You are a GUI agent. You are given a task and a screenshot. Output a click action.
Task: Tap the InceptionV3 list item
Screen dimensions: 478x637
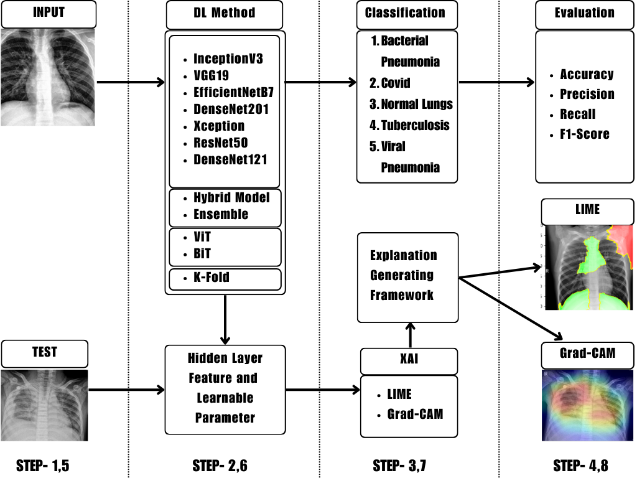coord(228,60)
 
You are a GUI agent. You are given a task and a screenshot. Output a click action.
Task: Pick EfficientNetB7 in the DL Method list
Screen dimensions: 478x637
coord(233,93)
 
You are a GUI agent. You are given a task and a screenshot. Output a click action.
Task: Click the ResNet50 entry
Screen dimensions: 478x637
coord(220,143)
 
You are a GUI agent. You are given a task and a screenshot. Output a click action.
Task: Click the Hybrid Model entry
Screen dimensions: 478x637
coord(231,198)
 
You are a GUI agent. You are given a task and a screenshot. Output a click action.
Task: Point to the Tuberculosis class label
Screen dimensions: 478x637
coord(414,125)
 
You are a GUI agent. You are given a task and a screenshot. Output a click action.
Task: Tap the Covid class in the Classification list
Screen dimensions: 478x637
coord(395,83)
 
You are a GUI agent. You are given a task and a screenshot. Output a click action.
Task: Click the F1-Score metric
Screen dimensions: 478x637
coord(584,134)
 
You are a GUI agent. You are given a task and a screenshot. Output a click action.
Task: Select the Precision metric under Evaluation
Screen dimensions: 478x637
coord(587,94)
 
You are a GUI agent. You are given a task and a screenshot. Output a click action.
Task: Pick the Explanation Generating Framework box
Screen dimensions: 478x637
coord(407,277)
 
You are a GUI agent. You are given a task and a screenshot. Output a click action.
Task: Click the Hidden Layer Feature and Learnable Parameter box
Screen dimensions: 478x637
coord(225,389)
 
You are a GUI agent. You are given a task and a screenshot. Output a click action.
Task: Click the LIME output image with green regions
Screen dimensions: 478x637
coord(588,268)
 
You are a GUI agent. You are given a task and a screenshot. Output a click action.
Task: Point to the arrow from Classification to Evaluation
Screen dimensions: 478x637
coord(496,82)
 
